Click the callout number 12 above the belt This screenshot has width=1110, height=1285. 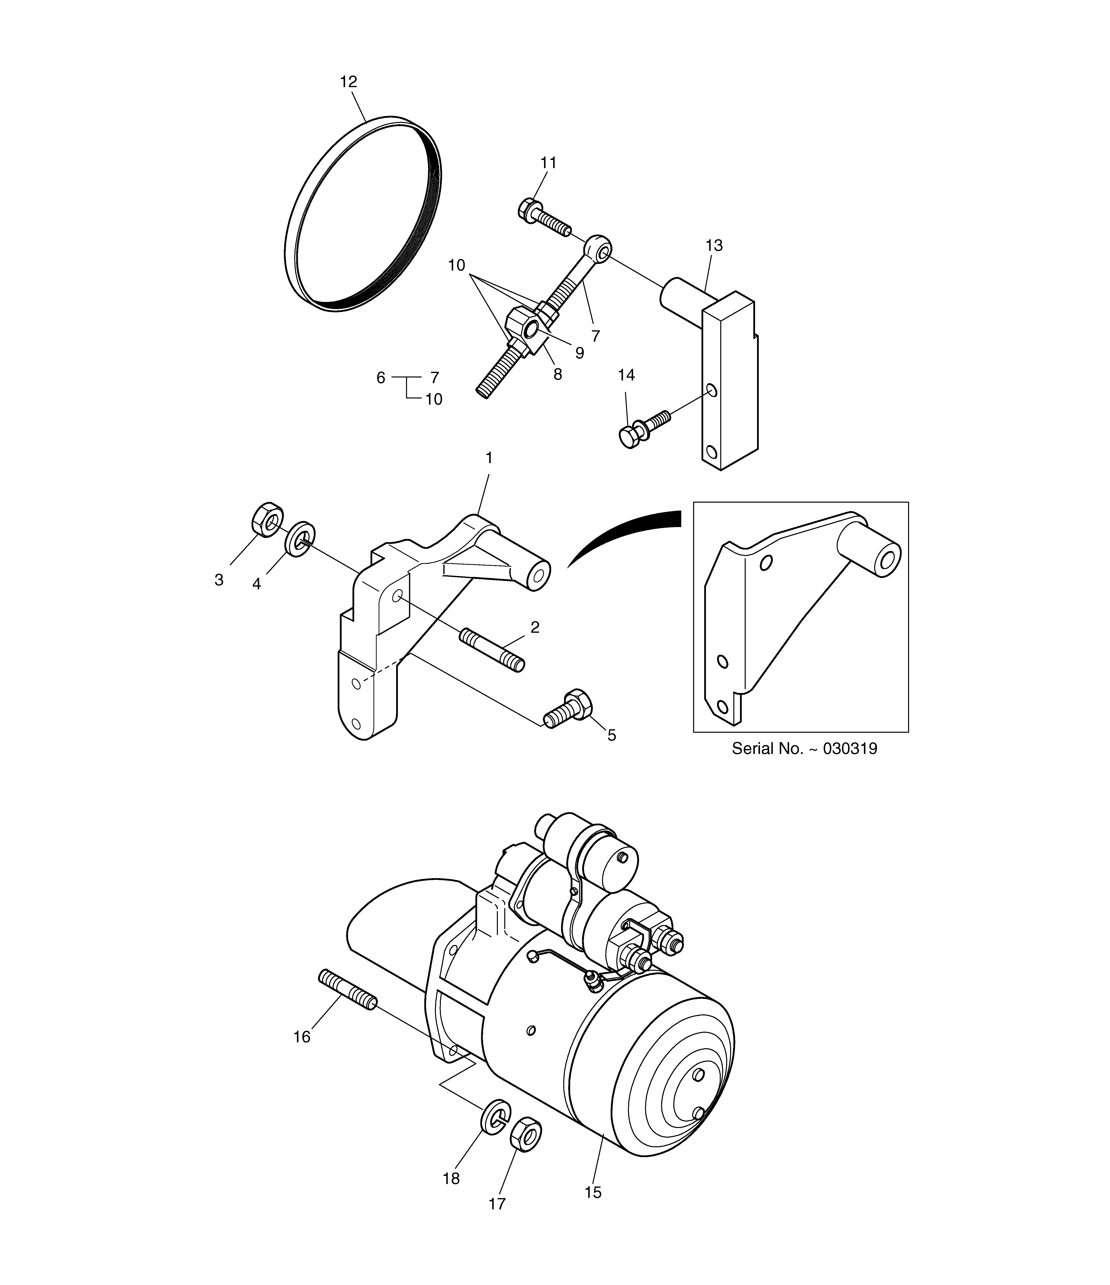349,81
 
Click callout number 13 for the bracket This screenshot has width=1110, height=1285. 714,246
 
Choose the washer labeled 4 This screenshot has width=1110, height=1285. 300,539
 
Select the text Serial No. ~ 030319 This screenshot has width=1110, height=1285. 804,749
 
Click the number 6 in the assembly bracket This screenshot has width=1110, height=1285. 381,378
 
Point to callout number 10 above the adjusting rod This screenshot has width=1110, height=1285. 456,265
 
